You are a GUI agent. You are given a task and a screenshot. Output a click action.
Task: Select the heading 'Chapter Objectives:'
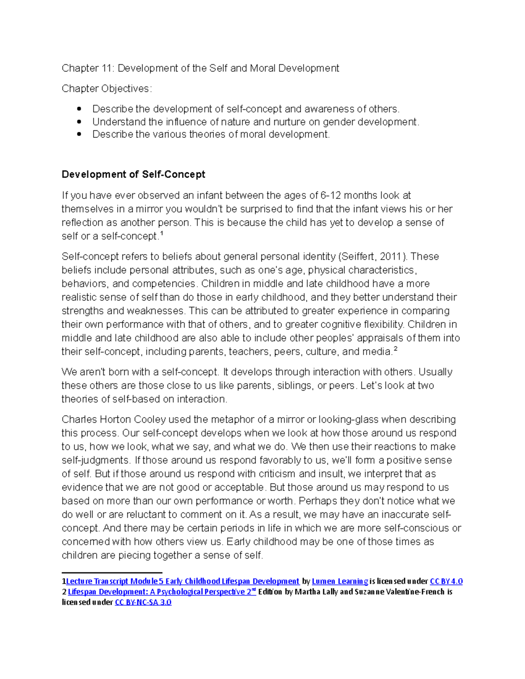point(107,89)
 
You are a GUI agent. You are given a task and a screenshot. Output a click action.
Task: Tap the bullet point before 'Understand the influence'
point(79,122)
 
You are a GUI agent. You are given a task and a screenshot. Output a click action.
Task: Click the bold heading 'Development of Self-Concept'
point(133,174)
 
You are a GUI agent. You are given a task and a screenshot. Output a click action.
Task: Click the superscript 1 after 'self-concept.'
point(161,234)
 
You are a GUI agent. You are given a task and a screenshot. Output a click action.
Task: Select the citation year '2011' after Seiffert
point(392,257)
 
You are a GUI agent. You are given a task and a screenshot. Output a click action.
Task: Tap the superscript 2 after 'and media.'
point(395,349)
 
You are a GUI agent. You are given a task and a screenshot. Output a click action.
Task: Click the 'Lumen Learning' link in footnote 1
point(340,582)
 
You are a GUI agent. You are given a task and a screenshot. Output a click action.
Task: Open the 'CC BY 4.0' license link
point(446,582)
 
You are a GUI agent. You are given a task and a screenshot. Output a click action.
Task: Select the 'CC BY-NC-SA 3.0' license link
point(143,602)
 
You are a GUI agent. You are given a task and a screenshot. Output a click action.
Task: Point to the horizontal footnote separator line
point(112,572)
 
